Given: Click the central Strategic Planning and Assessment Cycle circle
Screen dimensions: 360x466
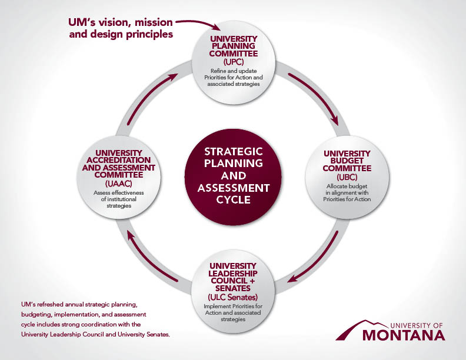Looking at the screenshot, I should click(x=233, y=175).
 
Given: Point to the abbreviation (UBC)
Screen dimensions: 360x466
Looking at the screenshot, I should click(x=347, y=177).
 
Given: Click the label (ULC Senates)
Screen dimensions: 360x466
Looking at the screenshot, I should click(x=234, y=296).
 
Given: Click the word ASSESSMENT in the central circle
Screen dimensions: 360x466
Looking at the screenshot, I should click(x=234, y=188).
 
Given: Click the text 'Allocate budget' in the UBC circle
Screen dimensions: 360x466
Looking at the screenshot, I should click(x=347, y=186).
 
